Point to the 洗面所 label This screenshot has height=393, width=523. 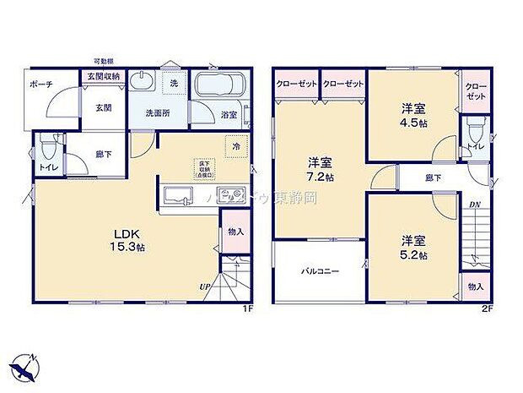(156, 112)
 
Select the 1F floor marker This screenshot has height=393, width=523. (248, 308)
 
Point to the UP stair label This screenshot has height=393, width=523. (204, 287)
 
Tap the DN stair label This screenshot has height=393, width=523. (474, 205)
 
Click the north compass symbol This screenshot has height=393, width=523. (25, 366)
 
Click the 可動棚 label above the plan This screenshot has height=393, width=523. (104, 63)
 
